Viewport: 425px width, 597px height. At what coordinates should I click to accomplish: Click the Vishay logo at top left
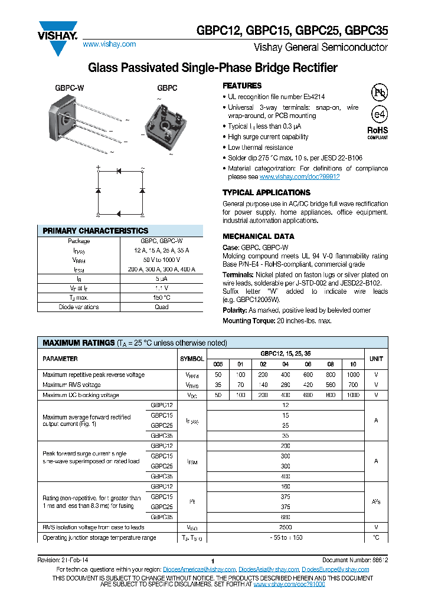pyautogui.click(x=58, y=37)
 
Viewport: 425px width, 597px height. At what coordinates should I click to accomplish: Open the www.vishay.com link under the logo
pyautogui.click(x=109, y=44)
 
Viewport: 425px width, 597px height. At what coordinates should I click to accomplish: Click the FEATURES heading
pyautogui.click(x=242, y=86)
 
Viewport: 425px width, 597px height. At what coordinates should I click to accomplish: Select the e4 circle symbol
pyautogui.click(x=378, y=114)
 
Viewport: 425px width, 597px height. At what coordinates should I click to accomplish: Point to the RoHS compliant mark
pyautogui.click(x=378, y=132)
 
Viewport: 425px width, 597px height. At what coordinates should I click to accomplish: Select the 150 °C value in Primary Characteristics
pyautogui.click(x=162, y=297)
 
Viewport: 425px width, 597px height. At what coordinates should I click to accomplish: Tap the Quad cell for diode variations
pyautogui.click(x=162, y=307)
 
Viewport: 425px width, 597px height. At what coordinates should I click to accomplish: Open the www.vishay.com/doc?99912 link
pyautogui.click(x=300, y=176)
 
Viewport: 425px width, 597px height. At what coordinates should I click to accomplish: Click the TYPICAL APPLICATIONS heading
pyautogui.click(x=266, y=192)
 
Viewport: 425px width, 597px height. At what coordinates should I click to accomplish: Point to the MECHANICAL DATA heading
pyautogui.click(x=258, y=236)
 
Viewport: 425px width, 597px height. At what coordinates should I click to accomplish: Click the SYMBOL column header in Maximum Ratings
pyautogui.click(x=192, y=359)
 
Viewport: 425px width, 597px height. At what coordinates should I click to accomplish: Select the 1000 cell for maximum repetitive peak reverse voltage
pyautogui.click(x=352, y=375)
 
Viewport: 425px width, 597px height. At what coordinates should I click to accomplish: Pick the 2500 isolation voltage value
pyautogui.click(x=285, y=527)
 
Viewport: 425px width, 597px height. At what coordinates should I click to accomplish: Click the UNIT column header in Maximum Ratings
pyautogui.click(x=376, y=359)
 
